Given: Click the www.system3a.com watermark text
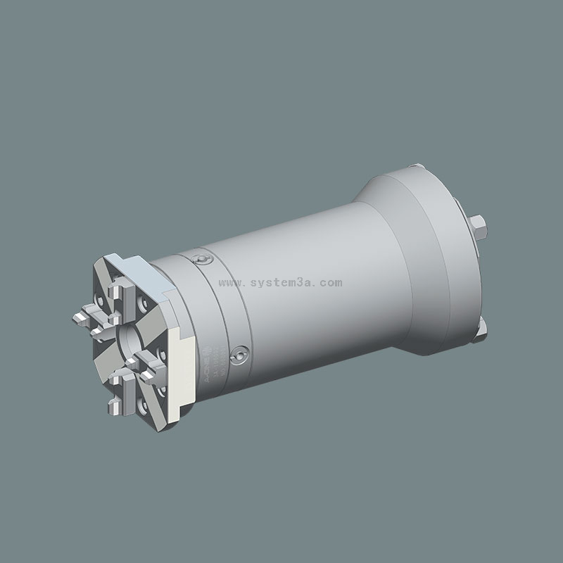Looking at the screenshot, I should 281,283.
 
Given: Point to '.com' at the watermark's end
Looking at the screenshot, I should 331,283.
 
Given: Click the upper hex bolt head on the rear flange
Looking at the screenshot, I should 481,227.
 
